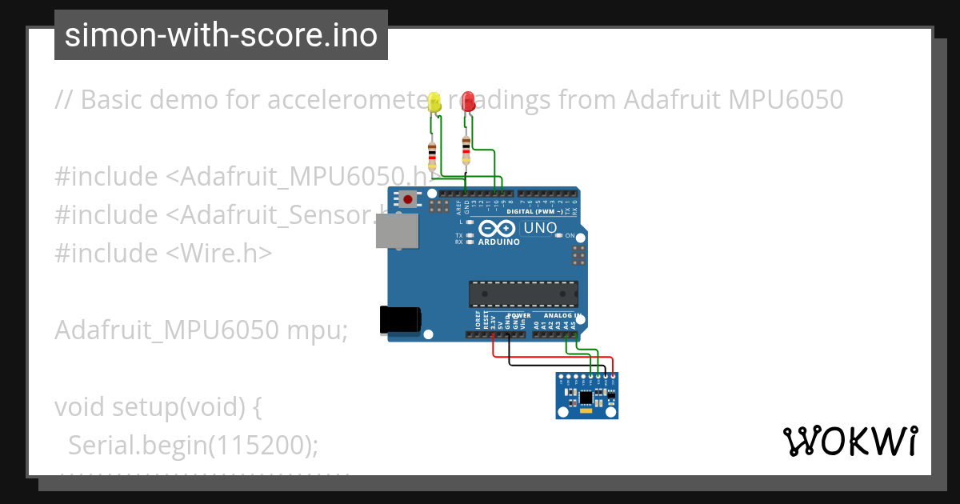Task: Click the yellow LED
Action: [434, 102]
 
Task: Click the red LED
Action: [468, 102]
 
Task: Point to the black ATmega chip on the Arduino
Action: [523, 294]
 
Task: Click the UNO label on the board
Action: [540, 229]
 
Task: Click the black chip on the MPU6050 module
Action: [586, 396]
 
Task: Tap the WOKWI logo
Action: [850, 441]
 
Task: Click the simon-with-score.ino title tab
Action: [221, 35]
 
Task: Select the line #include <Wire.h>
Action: [163, 253]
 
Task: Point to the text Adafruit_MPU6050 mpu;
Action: [201, 330]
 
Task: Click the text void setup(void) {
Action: [158, 406]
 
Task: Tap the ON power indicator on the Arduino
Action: [569, 236]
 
